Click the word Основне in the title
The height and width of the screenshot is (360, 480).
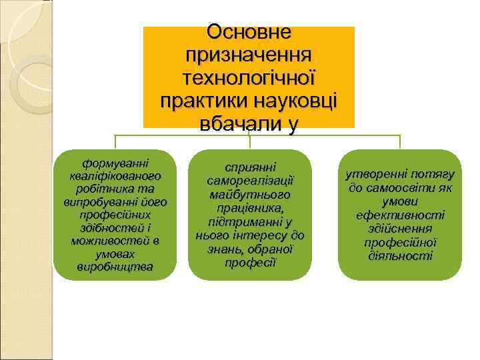pos(249,32)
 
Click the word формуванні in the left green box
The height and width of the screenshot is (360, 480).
pos(115,163)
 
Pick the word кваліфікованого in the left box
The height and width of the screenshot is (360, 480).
pos(115,177)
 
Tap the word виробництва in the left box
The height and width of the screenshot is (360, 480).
pos(115,267)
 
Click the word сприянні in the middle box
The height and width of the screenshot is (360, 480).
pos(250,169)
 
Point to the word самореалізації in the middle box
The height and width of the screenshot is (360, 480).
pos(250,182)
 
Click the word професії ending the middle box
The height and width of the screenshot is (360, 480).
pos(250,261)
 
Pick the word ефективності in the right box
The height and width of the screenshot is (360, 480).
pos(400,215)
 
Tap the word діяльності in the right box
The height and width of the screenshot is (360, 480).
pos(400,255)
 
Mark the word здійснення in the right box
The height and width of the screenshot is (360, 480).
pos(400,229)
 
